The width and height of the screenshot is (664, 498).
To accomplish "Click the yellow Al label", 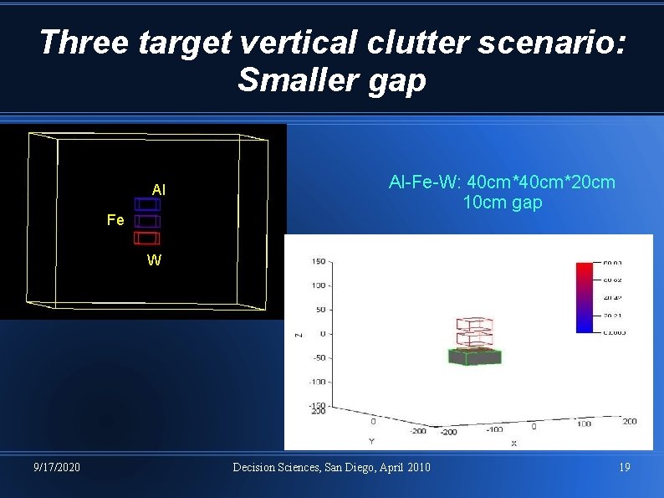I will coord(159,190).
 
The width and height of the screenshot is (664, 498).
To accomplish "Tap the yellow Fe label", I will coord(116,220).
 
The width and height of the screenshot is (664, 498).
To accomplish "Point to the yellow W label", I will coord(154,259).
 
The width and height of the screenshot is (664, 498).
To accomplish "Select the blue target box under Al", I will coord(146,204).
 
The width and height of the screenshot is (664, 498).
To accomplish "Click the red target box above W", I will coord(146,239).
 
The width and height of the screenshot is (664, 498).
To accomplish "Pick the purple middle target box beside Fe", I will coord(146,221).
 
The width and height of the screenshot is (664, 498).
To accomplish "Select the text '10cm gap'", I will coord(502,203).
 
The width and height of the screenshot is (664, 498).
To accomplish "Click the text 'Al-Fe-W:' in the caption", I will coord(425,182).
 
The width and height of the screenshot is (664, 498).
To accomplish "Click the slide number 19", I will coord(625,467).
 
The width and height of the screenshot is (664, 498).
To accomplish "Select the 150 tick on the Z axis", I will coord(318,262).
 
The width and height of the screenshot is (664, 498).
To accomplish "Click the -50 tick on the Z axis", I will coord(318,357).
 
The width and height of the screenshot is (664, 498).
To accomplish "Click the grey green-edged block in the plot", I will coord(474,357).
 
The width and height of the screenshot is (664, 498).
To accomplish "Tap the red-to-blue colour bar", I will coord(585,298).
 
